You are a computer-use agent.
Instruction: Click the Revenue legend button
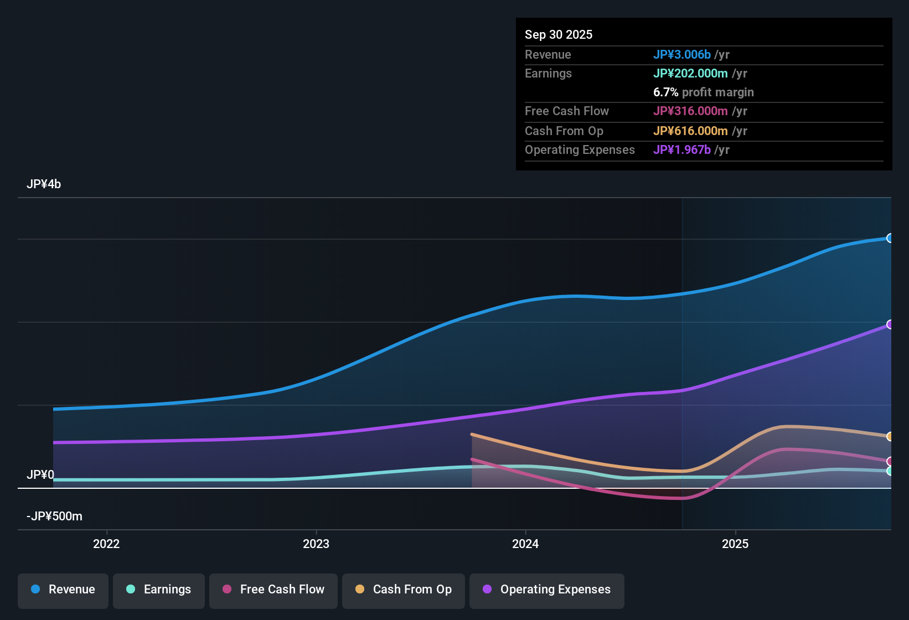63,590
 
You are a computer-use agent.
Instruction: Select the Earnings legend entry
158,590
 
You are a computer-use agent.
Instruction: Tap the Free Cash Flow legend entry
273,590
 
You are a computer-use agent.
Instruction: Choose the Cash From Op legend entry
404,590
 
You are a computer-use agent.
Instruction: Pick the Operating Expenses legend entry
547,590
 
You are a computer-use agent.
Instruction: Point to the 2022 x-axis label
106,544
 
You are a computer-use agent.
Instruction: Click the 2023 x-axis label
316,544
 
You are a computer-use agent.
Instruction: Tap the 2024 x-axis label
525,544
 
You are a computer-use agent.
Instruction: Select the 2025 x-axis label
735,544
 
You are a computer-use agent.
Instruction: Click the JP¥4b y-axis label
44,184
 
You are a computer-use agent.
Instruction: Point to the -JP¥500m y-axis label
54,516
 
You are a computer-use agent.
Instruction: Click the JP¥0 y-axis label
40,475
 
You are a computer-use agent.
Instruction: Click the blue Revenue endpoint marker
890,238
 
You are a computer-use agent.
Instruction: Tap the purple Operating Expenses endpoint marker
890,324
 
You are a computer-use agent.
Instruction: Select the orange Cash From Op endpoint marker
890,436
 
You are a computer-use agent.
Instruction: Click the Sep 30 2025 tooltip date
559,34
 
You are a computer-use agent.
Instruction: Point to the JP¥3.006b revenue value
681,54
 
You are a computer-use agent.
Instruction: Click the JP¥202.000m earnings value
690,73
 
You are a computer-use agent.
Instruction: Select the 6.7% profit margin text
703,92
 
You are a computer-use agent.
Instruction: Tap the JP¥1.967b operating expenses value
681,149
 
